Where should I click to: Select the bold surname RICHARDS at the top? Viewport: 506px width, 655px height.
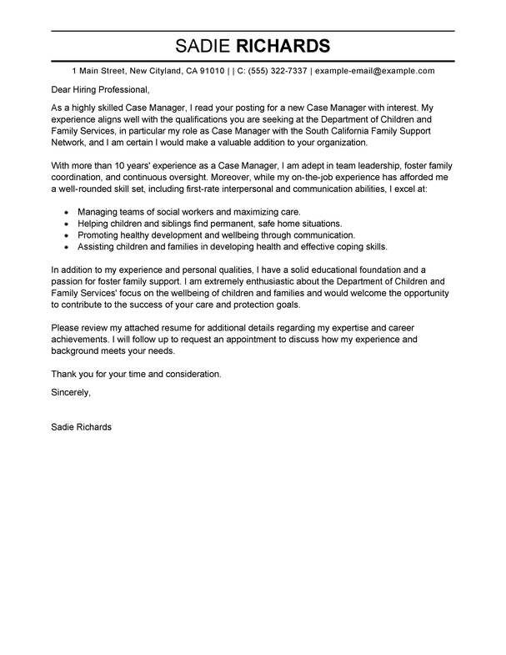pyautogui.click(x=284, y=44)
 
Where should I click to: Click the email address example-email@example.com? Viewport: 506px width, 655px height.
pyautogui.click(x=375, y=72)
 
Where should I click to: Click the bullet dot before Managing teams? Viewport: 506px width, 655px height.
pyautogui.click(x=66, y=213)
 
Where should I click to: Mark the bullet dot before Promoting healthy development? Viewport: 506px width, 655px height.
pyautogui.click(x=66, y=236)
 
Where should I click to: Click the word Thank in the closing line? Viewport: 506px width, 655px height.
pyautogui.click(x=65, y=374)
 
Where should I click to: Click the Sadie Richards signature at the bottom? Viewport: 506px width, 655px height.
pyautogui.click(x=81, y=426)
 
